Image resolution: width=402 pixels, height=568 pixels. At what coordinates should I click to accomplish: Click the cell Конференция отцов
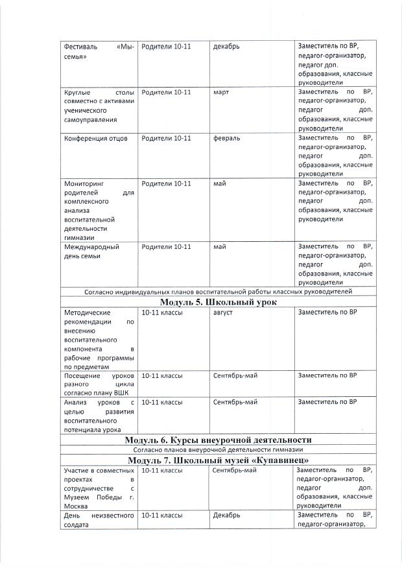[x=96, y=138]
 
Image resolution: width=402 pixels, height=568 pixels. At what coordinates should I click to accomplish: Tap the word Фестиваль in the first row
[x=80, y=47]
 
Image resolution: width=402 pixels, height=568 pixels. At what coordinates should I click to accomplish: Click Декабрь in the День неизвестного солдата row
[x=226, y=515]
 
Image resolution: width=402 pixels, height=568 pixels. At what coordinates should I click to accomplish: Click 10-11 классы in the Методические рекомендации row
[x=162, y=313]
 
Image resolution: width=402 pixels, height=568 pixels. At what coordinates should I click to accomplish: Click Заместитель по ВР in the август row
[x=327, y=313]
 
